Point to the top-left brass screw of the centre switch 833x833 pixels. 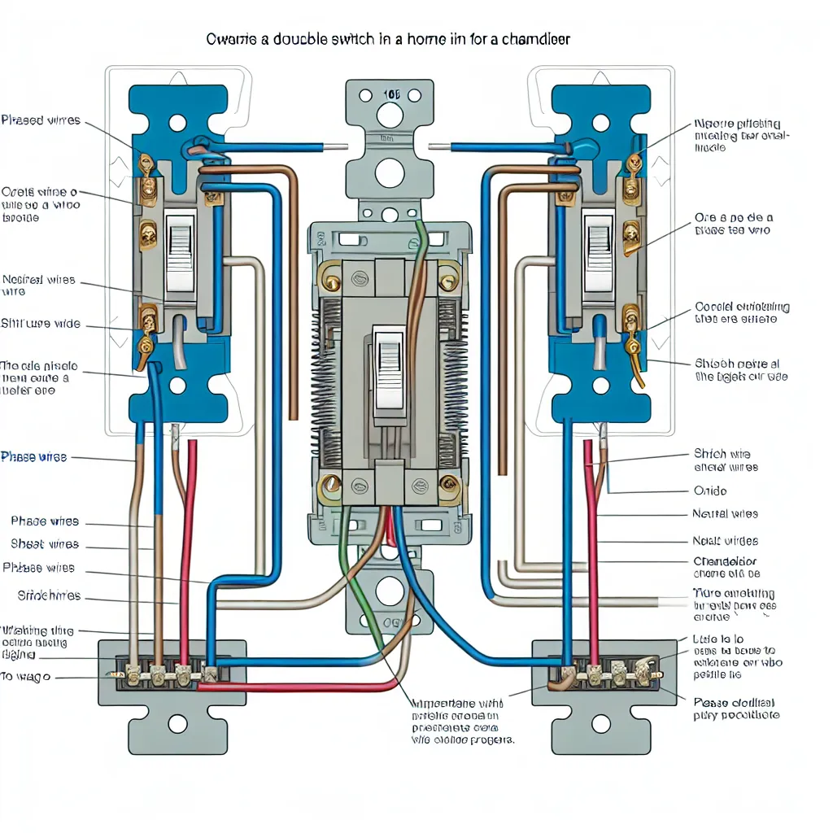pyautogui.click(x=332, y=281)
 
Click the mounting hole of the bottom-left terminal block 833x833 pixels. pyautogui.click(x=178, y=723)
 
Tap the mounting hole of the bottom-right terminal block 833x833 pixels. pyautogui.click(x=601, y=723)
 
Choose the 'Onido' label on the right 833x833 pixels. pyautogui.click(x=709, y=491)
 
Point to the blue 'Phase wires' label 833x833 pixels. pyautogui.click(x=33, y=457)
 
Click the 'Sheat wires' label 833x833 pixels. pyautogui.click(x=45, y=544)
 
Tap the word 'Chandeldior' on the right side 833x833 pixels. pyautogui.click(x=725, y=561)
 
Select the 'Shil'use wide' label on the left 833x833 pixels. pyautogui.click(x=41, y=324)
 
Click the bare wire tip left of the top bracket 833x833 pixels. pyautogui.click(x=342, y=148)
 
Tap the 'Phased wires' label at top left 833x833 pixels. pyautogui.click(x=41, y=120)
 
